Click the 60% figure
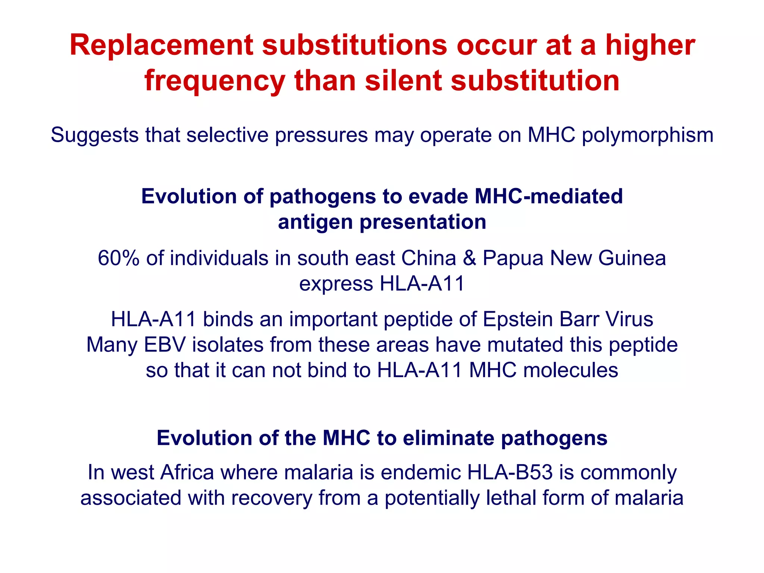click(118, 258)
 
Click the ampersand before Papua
click(469, 258)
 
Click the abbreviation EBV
click(165, 345)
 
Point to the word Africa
click(187, 472)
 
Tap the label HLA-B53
click(510, 472)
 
